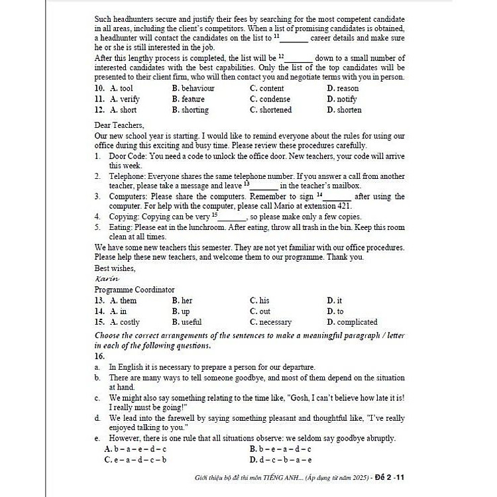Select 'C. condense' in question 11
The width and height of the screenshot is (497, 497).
tap(266, 99)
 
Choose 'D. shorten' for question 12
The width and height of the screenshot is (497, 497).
tap(344, 110)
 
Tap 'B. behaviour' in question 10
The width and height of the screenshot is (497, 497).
tap(193, 88)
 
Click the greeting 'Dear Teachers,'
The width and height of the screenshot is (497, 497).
tap(119, 125)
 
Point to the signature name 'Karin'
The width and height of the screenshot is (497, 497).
tap(107, 279)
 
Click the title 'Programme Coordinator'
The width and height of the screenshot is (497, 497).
tap(135, 290)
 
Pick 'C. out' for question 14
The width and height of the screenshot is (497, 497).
tap(260, 311)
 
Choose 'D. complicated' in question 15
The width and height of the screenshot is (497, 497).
tap(352, 322)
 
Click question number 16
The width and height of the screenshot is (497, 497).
tap(100, 356)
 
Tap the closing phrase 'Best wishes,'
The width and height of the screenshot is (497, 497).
tap(115, 268)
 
